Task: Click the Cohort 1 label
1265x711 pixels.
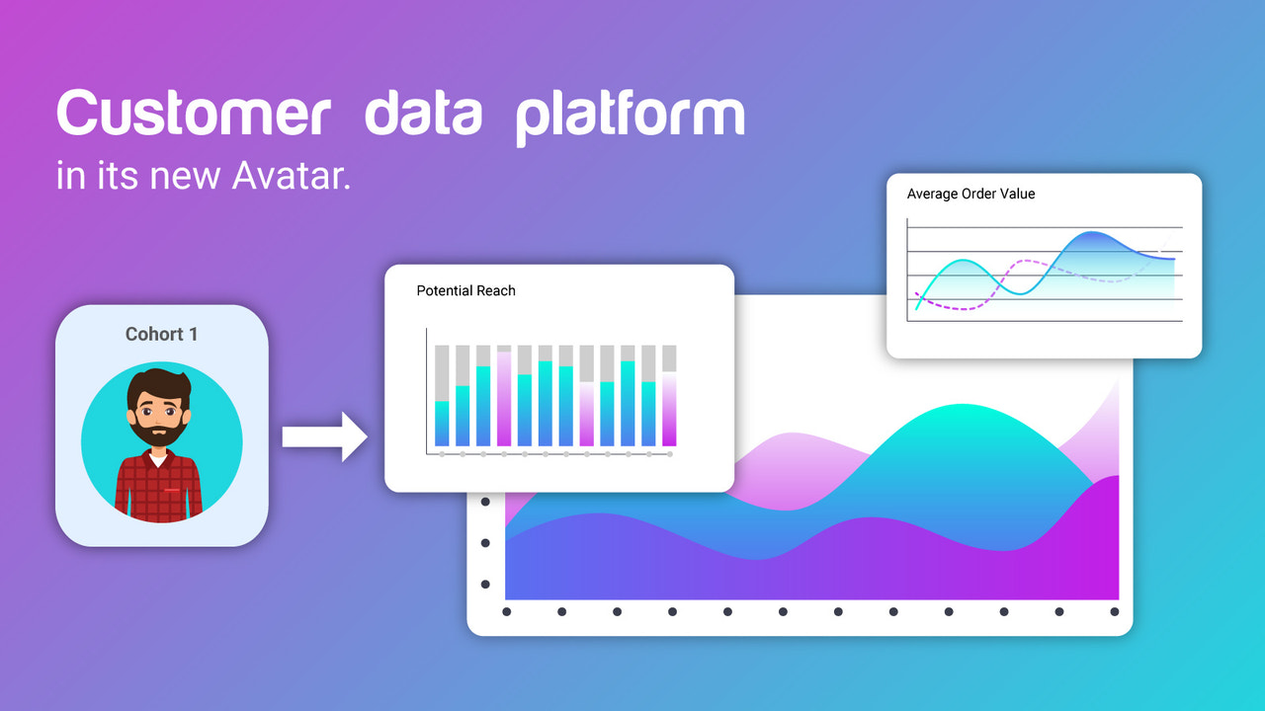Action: [161, 334]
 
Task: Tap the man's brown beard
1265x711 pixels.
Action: [158, 434]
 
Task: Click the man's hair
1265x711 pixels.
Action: [158, 381]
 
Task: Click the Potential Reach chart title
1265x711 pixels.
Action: [465, 290]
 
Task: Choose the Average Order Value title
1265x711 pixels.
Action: [970, 194]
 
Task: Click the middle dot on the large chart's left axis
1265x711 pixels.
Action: [485, 543]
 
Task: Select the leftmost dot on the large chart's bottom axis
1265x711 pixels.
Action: [506, 611]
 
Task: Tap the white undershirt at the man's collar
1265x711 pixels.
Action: [158, 459]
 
